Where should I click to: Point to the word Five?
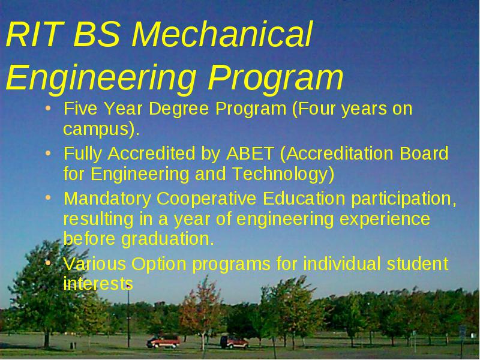(80, 108)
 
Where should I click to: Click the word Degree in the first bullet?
(179, 109)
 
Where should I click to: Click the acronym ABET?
(250, 154)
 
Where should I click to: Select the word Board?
(424, 153)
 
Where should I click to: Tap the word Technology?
(280, 174)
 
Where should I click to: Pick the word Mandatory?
(107, 199)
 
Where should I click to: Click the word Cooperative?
(206, 199)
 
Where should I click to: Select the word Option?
(159, 264)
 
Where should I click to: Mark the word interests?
(98, 283)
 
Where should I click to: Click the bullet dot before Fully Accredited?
(48, 154)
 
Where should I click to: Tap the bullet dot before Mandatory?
(48, 198)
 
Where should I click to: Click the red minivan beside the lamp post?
(163, 341)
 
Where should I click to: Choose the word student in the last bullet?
(417, 263)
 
